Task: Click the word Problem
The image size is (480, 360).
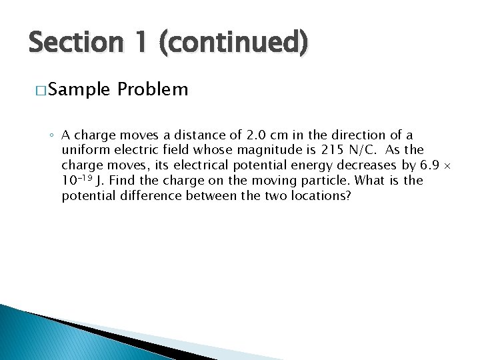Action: [153, 89]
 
